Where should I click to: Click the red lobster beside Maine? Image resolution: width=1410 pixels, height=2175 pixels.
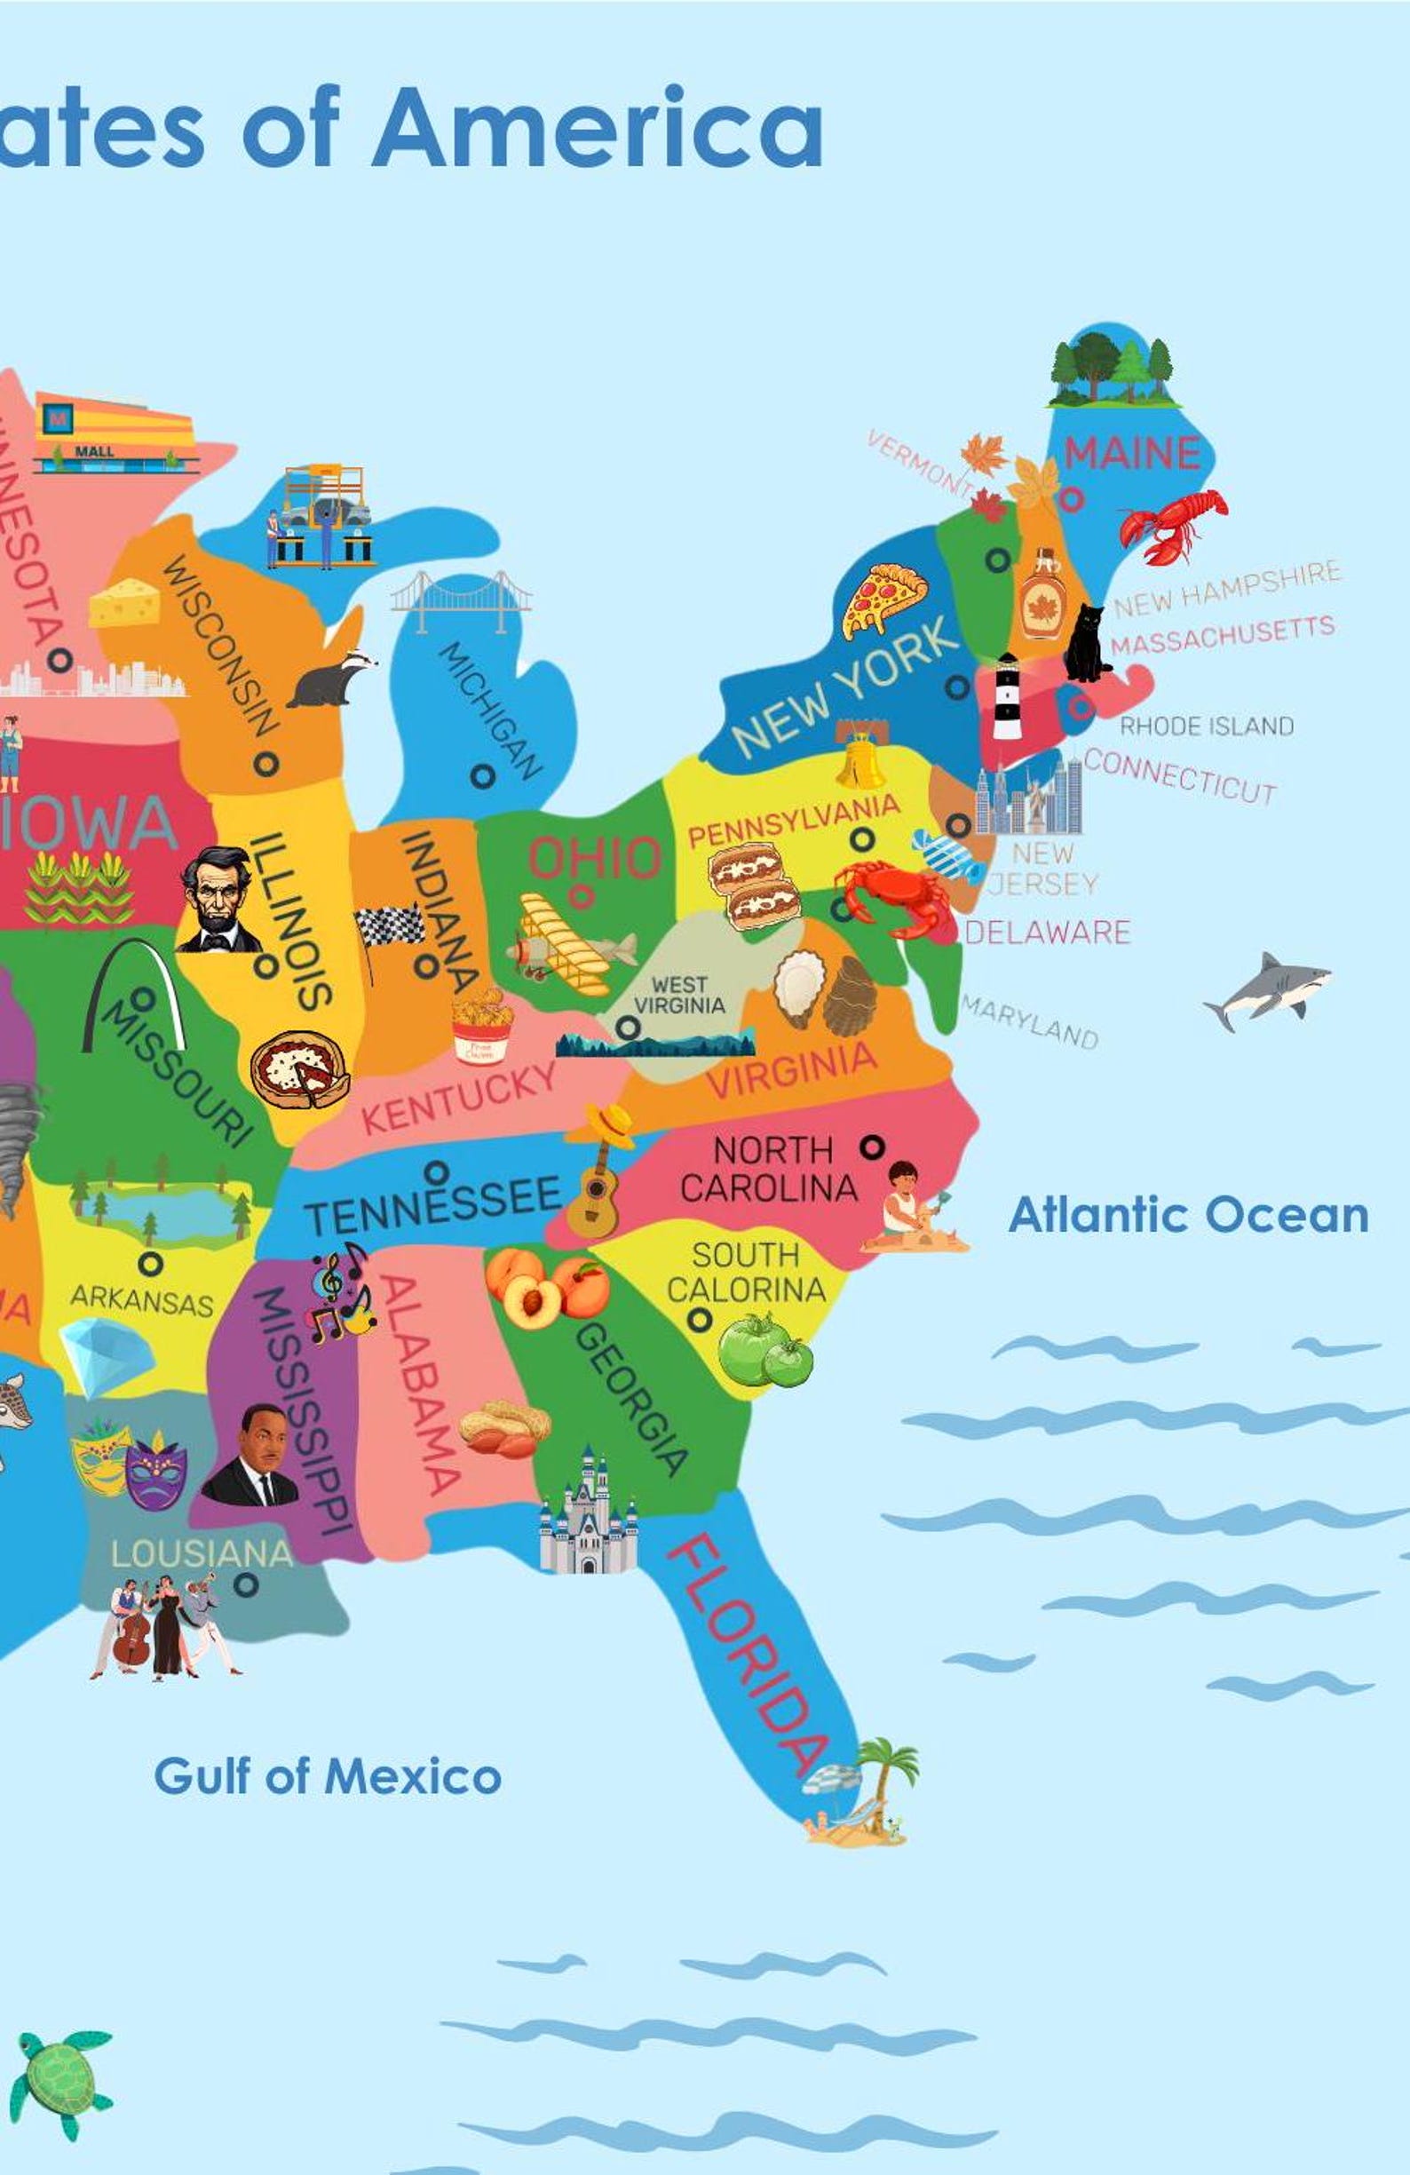1173,526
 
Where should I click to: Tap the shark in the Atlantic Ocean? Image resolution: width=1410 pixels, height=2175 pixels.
1267,991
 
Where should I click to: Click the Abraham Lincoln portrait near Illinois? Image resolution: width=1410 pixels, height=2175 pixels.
218,901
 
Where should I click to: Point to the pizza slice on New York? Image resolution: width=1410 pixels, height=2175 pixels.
883,599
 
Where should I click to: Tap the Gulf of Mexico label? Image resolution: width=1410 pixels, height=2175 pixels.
327,1776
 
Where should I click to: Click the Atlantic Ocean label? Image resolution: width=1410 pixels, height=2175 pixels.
1188,1216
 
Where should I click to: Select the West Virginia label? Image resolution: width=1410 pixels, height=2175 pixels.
679,996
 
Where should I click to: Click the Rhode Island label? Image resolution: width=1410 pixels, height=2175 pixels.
1206,726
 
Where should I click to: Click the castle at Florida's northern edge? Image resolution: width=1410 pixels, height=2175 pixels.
588,1514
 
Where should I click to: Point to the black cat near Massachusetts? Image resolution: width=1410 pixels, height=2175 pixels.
1087,645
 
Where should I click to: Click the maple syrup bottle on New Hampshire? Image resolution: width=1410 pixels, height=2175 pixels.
1042,595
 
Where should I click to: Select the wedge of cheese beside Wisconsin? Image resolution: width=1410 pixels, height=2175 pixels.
124,603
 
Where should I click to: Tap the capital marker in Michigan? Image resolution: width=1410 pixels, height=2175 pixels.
482,776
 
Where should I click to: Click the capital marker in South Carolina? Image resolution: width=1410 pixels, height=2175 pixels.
700,1320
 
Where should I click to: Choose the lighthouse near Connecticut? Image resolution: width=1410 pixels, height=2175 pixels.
1007,696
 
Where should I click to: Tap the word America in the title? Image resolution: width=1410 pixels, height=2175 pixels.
597,128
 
